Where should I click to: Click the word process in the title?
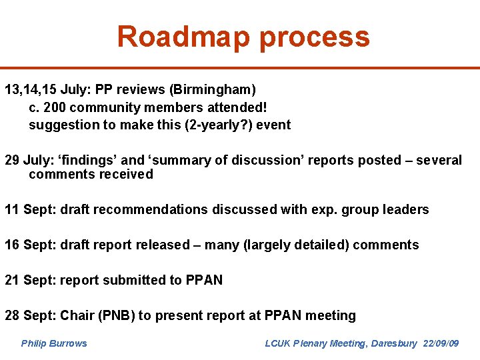314,38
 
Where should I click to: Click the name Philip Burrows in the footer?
54,343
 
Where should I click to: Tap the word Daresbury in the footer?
393,343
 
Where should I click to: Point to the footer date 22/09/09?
441,343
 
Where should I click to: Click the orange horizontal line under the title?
240,67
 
